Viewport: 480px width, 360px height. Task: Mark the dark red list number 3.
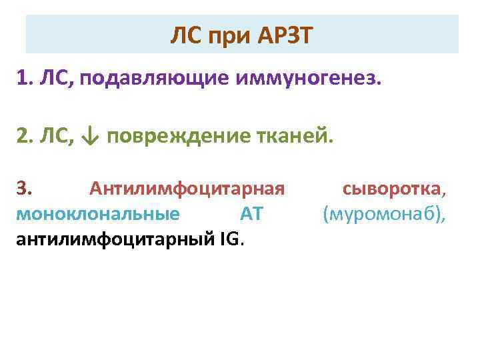click(x=24, y=190)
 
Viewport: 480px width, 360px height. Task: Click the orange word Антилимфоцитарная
click(x=187, y=190)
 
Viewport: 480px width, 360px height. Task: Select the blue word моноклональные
click(x=97, y=215)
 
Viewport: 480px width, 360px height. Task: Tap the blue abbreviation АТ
click(x=251, y=215)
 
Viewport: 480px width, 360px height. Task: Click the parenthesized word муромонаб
click(x=384, y=215)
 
